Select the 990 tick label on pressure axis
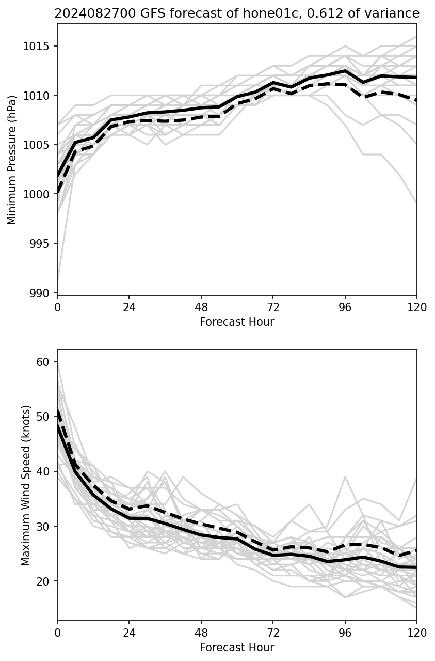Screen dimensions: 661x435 pyautogui.click(x=43, y=293)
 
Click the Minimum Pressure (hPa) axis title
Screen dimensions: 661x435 pyautogui.click(x=12, y=159)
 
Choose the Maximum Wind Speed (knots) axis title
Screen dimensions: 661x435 pyautogui.click(x=26, y=485)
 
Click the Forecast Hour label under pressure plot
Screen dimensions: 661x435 pyautogui.click(x=237, y=322)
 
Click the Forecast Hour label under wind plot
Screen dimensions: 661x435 pyautogui.click(x=237, y=648)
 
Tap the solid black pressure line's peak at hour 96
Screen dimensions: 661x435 pyautogui.click(x=345, y=71)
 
